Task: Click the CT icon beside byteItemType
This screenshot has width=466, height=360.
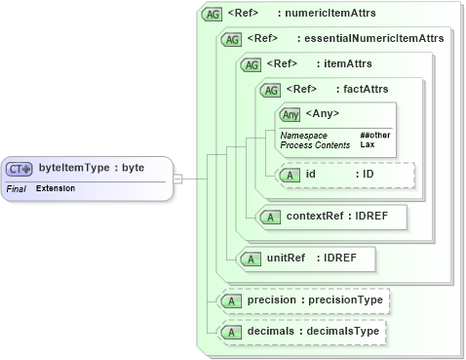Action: pos(21,168)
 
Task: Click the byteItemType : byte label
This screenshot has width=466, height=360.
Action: pos(92,168)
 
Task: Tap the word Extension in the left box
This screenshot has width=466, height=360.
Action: pos(57,186)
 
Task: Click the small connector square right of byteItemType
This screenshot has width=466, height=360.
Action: pos(177,179)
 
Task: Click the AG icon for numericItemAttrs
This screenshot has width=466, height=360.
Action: pos(211,15)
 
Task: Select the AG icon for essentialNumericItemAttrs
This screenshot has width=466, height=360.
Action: pos(232,39)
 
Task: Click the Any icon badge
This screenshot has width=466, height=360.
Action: pos(291,115)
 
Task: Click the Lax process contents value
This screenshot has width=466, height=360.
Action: pos(368,144)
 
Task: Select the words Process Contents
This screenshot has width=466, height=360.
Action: pos(314,144)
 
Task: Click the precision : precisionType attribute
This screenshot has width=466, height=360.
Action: pos(303,301)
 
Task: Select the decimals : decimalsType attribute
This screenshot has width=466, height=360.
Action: pos(303,333)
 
